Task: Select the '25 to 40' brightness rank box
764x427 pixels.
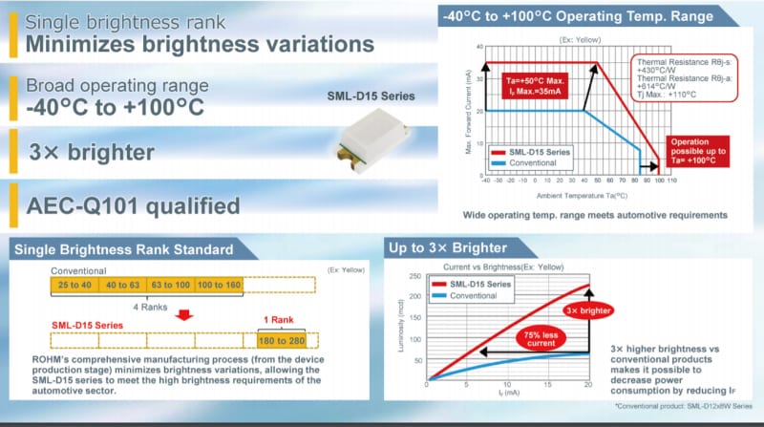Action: click(75, 285)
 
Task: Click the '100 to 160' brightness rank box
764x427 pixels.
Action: click(220, 285)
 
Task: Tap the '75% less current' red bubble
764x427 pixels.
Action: click(540, 338)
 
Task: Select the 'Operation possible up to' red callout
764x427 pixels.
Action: click(698, 152)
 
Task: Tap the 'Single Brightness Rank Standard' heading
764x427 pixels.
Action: click(121, 249)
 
